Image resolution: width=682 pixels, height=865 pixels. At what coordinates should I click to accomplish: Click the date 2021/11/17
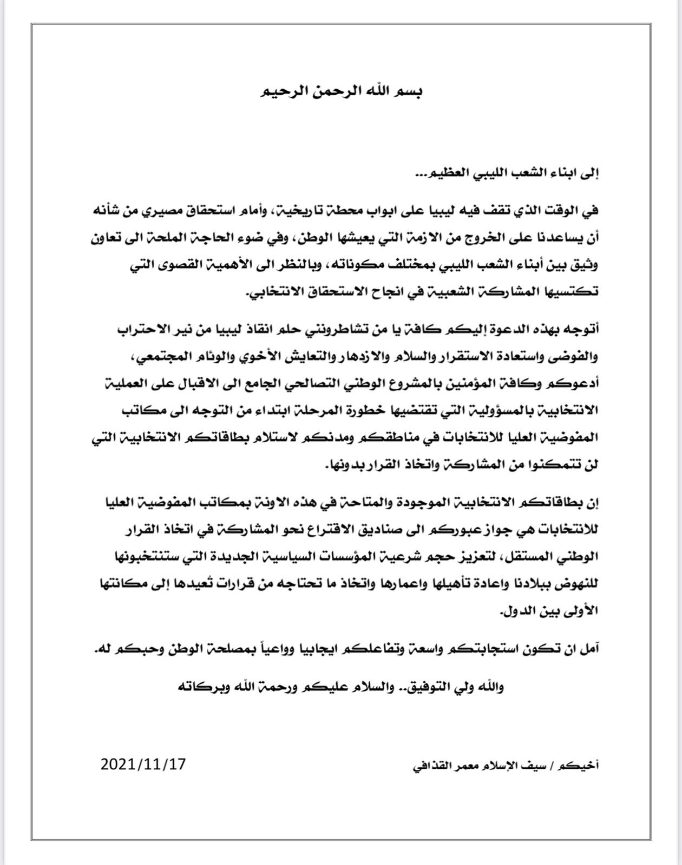tap(143, 764)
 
